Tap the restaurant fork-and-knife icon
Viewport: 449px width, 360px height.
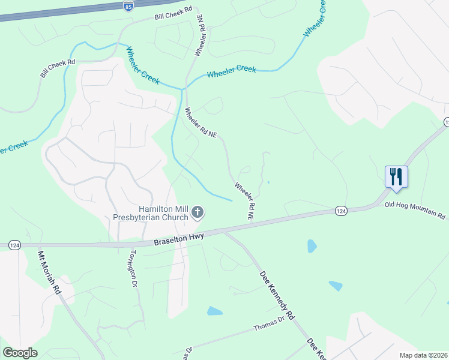coord(396,176)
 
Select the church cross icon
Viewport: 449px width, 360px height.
coord(197,212)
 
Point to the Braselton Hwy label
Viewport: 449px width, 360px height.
coord(178,238)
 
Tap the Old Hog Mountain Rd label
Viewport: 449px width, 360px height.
coord(416,210)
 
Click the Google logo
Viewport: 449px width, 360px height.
coord(20,353)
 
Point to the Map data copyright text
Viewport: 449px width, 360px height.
coord(424,355)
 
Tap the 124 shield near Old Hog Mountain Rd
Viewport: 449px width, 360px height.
coord(341,211)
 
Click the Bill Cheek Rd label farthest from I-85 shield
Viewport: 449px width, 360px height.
coord(57,68)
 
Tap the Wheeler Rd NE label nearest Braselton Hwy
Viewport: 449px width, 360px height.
coord(244,200)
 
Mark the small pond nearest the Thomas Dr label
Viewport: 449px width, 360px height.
coord(214,311)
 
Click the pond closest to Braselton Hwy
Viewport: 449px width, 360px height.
coord(311,246)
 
